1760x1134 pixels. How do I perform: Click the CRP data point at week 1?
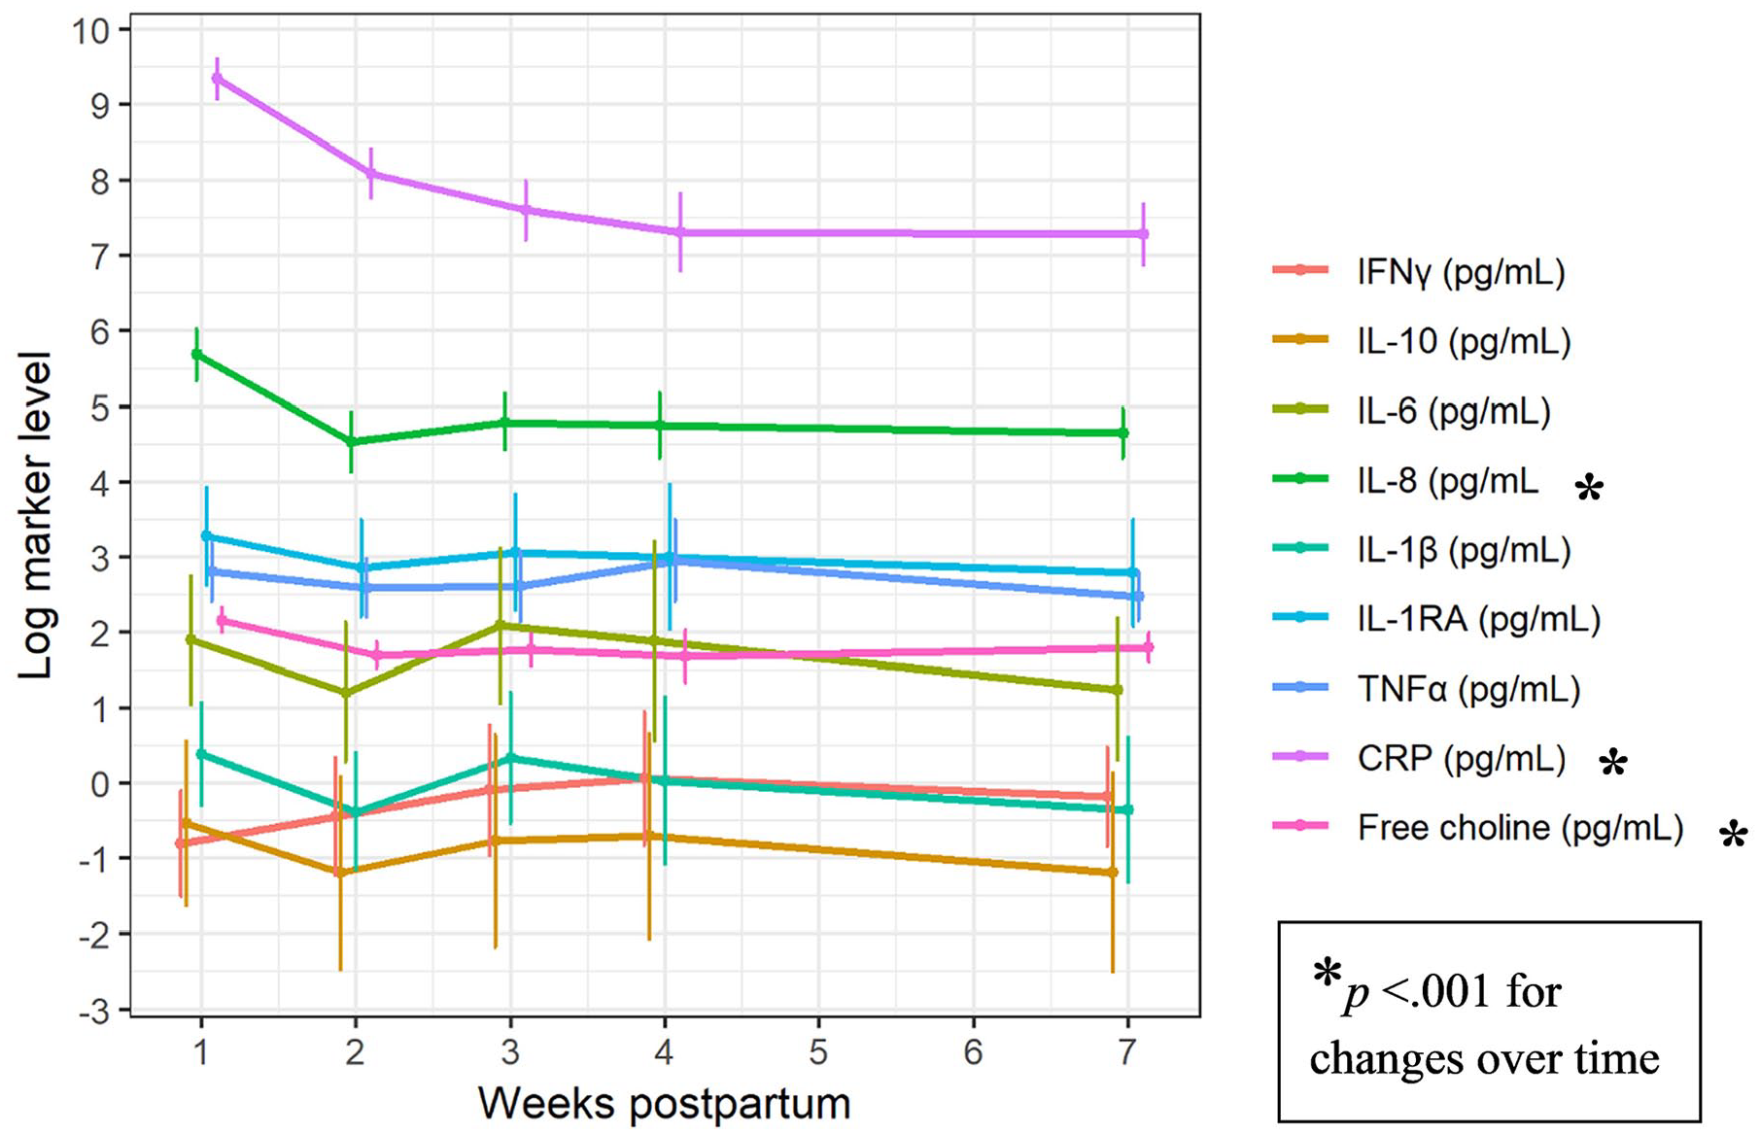pyautogui.click(x=217, y=78)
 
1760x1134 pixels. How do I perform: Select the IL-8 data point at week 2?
pyautogui.click(x=351, y=441)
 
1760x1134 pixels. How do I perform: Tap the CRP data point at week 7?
pyautogui.click(x=1144, y=234)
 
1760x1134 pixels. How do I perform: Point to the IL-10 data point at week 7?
pyautogui.click(x=1113, y=873)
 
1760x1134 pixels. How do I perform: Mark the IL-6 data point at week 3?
pyautogui.click(x=500, y=625)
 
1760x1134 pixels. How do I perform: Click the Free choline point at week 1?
pyautogui.click(x=222, y=620)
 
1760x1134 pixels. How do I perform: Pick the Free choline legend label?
pyautogui.click(x=1520, y=828)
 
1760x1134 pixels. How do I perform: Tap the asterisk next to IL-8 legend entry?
pyautogui.click(x=1589, y=488)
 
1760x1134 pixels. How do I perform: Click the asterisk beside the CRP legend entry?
pyautogui.click(x=1613, y=763)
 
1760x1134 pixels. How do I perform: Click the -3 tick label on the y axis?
pyautogui.click(x=94, y=1011)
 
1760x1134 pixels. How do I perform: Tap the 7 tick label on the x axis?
pyautogui.click(x=1127, y=1053)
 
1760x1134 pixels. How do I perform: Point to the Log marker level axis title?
pyautogui.click(x=35, y=516)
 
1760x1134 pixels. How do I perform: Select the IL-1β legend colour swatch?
pyautogui.click(x=1300, y=548)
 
